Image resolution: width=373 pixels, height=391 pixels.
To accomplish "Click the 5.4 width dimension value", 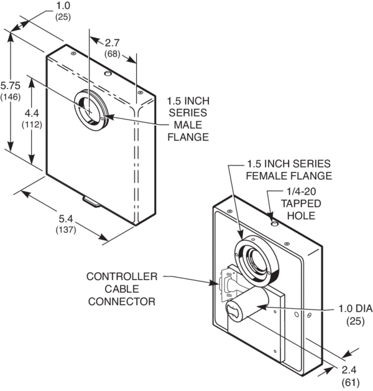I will click(65, 219).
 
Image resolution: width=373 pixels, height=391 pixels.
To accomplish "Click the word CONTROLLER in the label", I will click(122, 276).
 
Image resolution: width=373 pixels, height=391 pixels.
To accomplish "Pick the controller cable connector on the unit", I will click(226, 285).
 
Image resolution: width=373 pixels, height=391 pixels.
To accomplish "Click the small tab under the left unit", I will click(91, 201).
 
